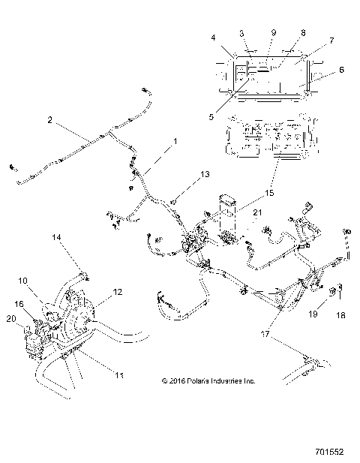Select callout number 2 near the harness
point(49,119)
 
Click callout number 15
point(269,194)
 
